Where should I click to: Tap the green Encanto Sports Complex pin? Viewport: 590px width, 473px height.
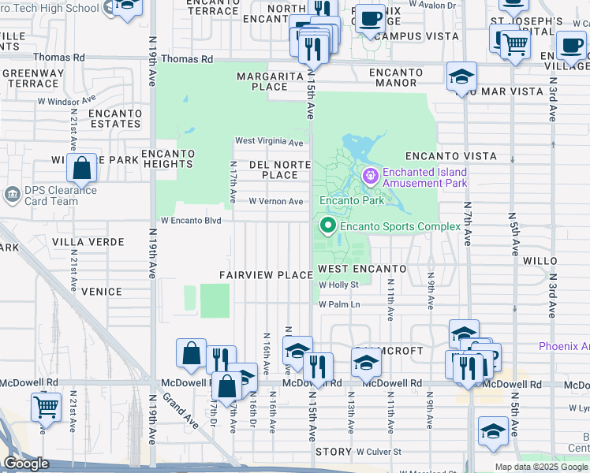[x=327, y=226]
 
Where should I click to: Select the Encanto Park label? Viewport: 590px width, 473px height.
[x=351, y=200]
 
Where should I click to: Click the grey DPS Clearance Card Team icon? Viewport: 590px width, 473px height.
[x=12, y=193]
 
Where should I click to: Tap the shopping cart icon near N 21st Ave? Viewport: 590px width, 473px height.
[x=47, y=408]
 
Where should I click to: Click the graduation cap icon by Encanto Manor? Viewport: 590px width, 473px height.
[x=461, y=77]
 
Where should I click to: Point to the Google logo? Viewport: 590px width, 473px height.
[x=27, y=464]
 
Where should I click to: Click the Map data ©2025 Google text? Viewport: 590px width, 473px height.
[x=541, y=467]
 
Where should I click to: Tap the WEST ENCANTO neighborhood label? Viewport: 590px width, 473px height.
[x=362, y=270]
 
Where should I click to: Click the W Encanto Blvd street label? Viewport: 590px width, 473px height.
[x=191, y=221]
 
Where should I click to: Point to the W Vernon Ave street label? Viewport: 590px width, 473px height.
[x=276, y=202]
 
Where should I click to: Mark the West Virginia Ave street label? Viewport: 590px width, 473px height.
[x=269, y=143]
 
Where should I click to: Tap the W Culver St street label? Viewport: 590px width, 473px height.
[x=379, y=453]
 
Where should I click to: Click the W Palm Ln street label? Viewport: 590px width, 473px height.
[x=339, y=304]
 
